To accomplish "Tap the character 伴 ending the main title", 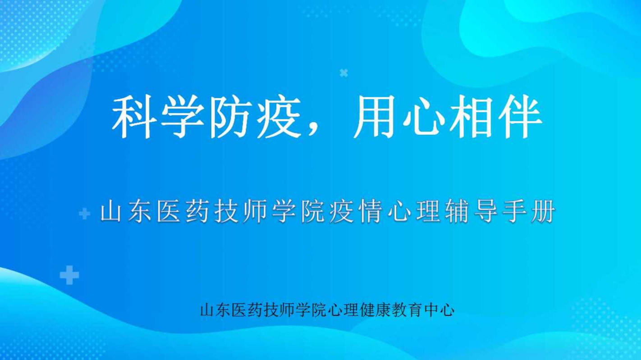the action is (520, 117).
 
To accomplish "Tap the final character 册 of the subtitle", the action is (543, 212).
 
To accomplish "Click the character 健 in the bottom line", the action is (367, 310).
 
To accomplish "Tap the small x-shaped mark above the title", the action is (343, 73).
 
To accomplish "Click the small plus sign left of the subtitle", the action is (84, 214).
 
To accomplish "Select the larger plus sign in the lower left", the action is (69, 275).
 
